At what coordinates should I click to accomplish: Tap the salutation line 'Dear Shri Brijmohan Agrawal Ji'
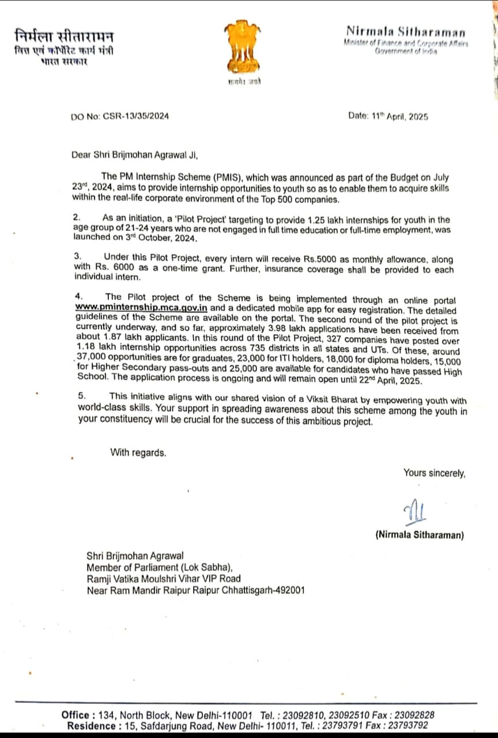coord(138,155)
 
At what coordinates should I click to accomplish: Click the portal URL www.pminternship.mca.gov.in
coord(141,308)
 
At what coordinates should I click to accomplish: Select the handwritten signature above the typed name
coord(414,510)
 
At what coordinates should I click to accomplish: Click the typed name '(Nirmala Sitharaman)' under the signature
coord(419,535)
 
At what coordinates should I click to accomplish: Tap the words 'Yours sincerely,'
coord(434,473)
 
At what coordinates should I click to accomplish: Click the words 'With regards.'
coord(138,453)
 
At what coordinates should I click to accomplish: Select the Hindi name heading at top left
coord(64,36)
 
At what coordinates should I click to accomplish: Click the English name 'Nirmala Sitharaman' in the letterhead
coord(406,32)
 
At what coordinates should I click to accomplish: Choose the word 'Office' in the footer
coord(75,715)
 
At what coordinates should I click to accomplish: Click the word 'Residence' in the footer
coord(92,726)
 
